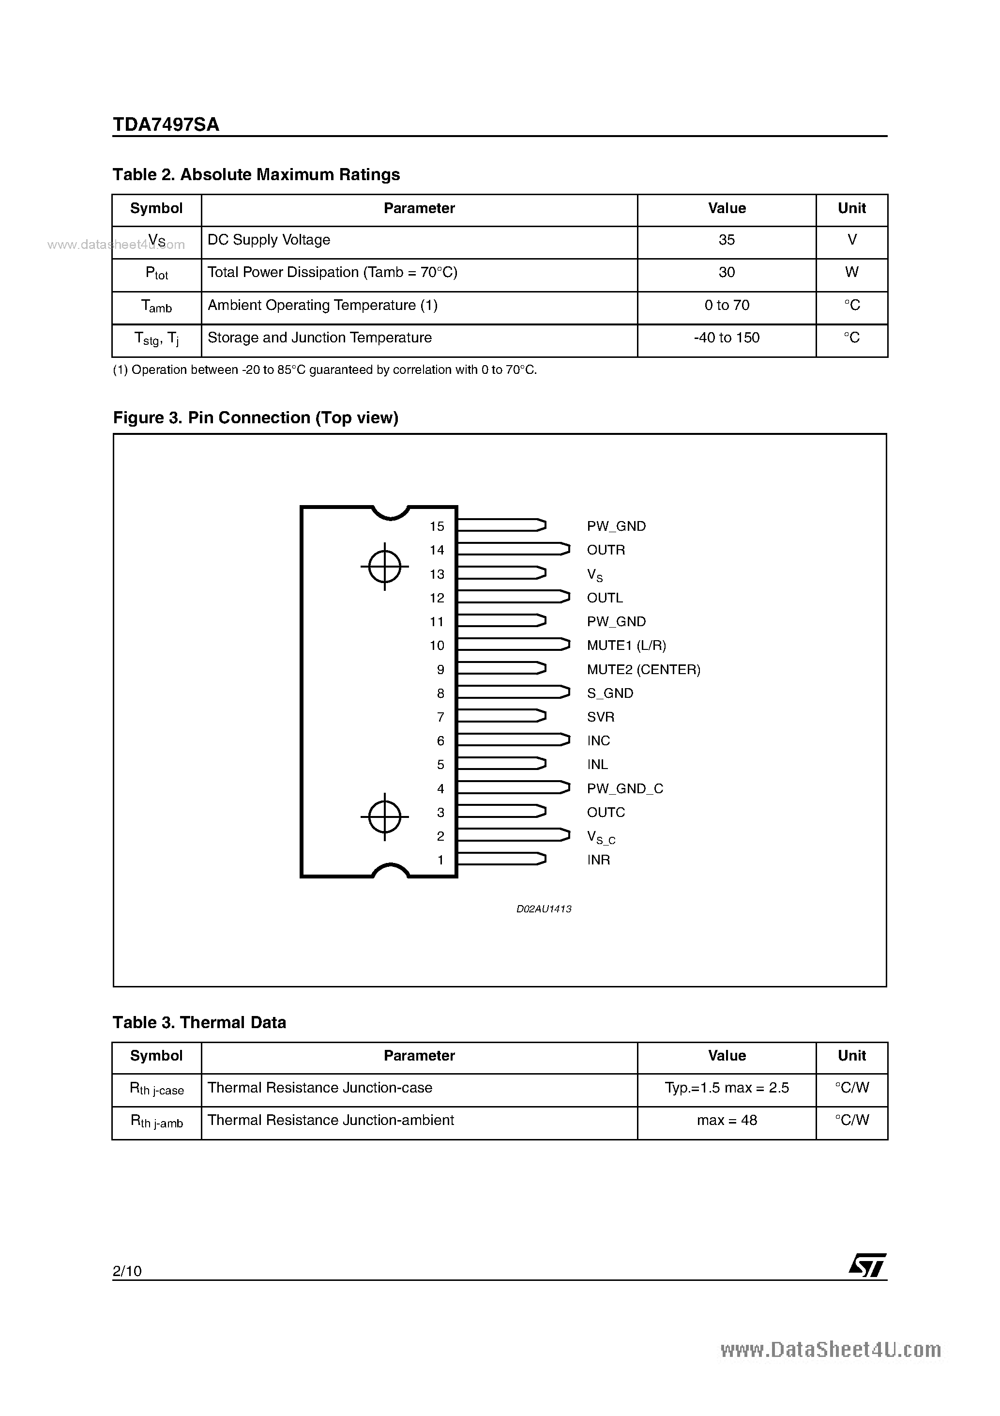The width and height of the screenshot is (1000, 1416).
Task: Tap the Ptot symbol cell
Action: (x=157, y=273)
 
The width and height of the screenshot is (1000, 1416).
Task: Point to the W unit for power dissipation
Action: (x=851, y=273)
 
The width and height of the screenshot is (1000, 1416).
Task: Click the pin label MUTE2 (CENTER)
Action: (x=643, y=670)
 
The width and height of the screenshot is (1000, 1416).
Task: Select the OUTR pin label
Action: (x=606, y=550)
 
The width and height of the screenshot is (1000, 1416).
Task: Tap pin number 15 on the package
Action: (x=437, y=526)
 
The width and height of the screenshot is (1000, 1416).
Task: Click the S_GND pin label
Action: (x=610, y=693)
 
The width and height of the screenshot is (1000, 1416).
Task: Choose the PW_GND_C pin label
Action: (x=624, y=789)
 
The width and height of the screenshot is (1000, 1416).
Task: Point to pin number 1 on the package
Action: (x=440, y=860)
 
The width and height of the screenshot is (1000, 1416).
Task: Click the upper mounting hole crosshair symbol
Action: (x=385, y=566)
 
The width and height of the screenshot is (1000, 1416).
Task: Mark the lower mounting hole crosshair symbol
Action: (x=385, y=816)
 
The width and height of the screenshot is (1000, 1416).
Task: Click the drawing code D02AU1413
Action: (x=544, y=909)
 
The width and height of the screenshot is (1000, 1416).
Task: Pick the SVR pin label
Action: (x=601, y=717)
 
